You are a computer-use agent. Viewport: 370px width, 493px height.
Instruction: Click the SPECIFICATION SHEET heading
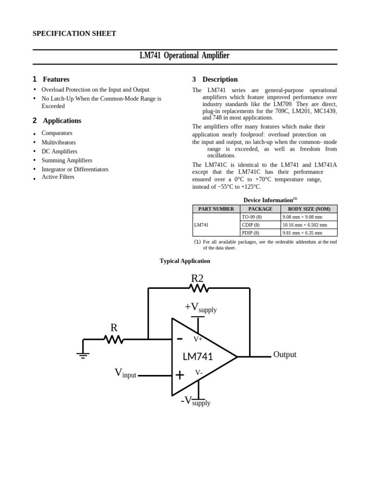click(x=74, y=34)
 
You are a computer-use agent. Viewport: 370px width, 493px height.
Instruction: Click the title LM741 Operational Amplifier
click(x=185, y=56)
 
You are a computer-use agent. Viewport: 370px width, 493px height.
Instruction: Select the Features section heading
click(x=56, y=79)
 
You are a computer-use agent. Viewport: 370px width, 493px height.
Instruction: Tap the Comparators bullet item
click(x=57, y=133)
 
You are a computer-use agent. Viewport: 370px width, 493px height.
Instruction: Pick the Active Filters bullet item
click(x=58, y=177)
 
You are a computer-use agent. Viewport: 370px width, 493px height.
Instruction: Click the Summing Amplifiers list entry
click(x=67, y=160)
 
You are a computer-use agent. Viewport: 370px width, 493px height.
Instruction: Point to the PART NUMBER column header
click(x=216, y=209)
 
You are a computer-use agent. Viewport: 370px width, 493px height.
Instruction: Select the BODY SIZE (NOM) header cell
click(x=309, y=209)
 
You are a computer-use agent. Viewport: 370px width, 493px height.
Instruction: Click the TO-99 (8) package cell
click(x=251, y=217)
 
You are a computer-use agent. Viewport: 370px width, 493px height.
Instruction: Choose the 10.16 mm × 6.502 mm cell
click(x=304, y=225)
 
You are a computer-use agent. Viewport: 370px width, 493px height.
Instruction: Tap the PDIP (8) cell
click(x=251, y=233)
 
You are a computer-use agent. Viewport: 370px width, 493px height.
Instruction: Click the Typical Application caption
click(x=185, y=261)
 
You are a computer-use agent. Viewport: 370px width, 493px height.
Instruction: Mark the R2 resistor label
click(x=197, y=278)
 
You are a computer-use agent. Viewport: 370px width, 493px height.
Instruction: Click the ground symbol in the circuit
click(x=83, y=355)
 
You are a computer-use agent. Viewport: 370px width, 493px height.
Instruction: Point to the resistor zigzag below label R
click(x=114, y=339)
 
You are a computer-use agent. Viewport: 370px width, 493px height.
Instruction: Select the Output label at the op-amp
click(x=285, y=355)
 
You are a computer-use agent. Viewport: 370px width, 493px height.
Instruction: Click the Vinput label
click(x=125, y=373)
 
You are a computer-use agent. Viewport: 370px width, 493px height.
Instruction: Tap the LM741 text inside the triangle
click(x=198, y=357)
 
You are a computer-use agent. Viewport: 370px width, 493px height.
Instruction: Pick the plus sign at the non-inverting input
click(x=180, y=375)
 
